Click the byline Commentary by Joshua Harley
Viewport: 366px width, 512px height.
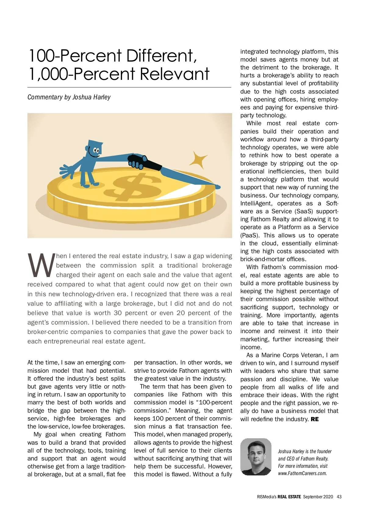point(69,97)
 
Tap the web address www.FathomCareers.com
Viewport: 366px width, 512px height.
point(302,473)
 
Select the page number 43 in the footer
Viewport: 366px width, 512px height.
point(339,496)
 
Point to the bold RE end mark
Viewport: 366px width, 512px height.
point(314,419)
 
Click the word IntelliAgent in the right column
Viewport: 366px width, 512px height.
point(254,203)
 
